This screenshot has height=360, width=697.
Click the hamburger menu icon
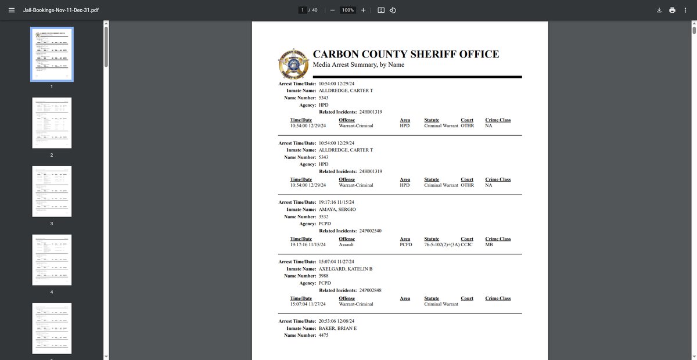pos(12,10)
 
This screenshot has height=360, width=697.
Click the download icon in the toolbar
pos(659,10)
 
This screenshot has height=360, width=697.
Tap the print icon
pos(672,10)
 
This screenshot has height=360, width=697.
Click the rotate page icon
pos(393,10)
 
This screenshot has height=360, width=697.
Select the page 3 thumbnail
pos(52,191)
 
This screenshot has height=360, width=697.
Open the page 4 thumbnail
pos(52,260)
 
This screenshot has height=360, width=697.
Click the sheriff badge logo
pos(293,63)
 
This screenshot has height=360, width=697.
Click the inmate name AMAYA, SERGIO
pos(337,209)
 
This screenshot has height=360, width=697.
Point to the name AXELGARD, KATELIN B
pos(346,269)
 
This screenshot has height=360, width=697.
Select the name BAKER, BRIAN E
pos(338,328)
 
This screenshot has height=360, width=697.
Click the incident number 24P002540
pos(370,231)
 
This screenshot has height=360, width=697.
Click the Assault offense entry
pos(346,245)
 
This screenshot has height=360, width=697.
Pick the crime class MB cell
pos(488,245)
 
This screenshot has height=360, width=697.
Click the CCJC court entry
pos(467,245)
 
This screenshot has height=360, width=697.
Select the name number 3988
pos(324,276)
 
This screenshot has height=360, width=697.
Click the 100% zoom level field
pos(348,10)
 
